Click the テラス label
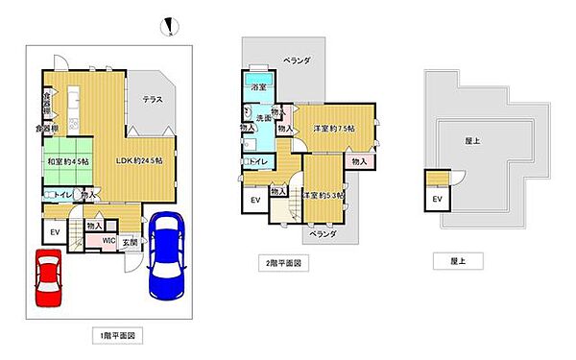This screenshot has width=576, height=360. (153, 100)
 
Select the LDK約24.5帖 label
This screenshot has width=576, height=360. (140, 160)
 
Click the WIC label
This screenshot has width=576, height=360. (109, 241)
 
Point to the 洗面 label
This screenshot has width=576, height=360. (264, 118)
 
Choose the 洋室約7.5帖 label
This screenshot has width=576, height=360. (333, 128)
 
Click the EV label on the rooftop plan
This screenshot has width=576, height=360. (438, 199)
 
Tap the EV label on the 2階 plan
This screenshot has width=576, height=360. (255, 199)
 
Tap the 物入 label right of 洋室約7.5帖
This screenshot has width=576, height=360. (358, 161)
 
